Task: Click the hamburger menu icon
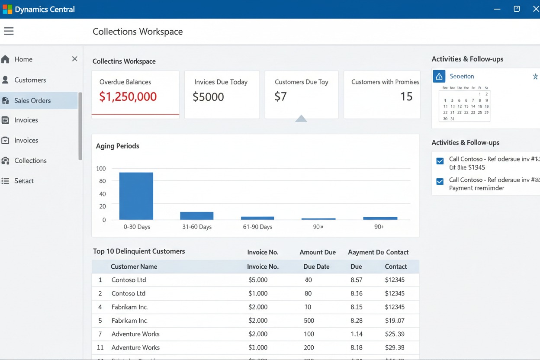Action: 9,31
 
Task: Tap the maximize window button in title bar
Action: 517,9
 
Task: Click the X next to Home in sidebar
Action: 74,59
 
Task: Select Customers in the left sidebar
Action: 30,80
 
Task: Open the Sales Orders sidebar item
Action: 32,100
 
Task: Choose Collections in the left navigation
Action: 30,161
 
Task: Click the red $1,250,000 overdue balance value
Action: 128,96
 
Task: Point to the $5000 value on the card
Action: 208,97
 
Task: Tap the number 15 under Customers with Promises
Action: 406,96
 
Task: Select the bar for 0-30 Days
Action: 136,196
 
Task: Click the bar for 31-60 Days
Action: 196,215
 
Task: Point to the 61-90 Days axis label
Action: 257,227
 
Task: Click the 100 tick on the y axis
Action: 101,168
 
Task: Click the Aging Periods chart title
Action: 118,146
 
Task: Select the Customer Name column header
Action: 134,267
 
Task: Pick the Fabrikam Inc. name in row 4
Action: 129,307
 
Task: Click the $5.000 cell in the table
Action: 258,280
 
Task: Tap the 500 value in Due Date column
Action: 309,321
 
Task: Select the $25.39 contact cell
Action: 395,334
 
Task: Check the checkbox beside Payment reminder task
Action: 440,181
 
